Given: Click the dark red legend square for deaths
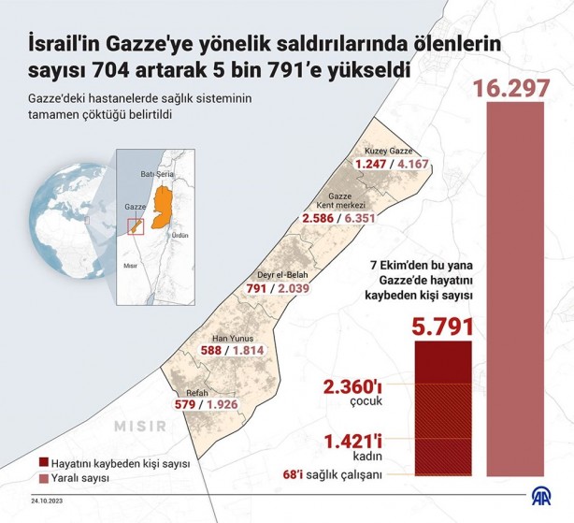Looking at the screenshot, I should [44, 463].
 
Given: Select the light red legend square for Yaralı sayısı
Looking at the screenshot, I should [44, 478].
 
